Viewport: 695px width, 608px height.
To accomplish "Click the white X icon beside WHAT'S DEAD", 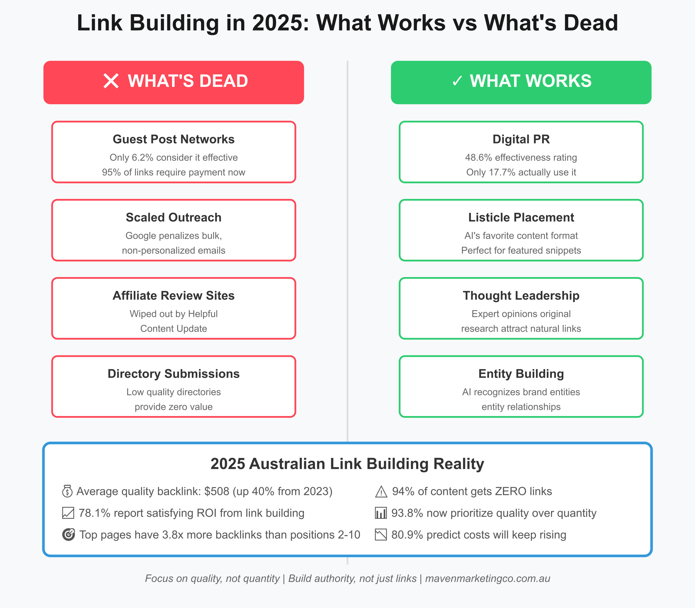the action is (x=111, y=81).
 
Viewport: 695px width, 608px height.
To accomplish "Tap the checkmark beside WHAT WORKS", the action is (x=457, y=81).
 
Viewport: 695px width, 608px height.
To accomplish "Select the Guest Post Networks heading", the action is (x=173, y=139).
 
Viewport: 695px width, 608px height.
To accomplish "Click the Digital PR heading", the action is (x=521, y=139).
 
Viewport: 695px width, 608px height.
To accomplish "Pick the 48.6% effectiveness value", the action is (x=478, y=158).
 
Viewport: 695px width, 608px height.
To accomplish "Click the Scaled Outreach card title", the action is (x=173, y=217).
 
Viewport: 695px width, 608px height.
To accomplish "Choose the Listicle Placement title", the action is (x=521, y=217).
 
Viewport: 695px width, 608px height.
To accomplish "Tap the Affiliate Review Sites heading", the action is (x=173, y=295).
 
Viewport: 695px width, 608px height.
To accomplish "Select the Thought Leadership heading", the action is (x=521, y=295).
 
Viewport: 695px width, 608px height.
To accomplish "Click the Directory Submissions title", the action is (x=173, y=373).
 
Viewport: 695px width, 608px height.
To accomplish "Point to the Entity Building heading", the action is (x=521, y=373).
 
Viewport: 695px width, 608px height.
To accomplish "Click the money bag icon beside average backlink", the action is (x=67, y=491).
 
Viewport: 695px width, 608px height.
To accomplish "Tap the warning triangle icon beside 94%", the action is (x=381, y=492).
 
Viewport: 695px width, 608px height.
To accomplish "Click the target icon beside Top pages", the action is (x=68, y=535).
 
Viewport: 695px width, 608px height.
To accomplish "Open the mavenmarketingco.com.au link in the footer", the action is (x=487, y=579).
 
